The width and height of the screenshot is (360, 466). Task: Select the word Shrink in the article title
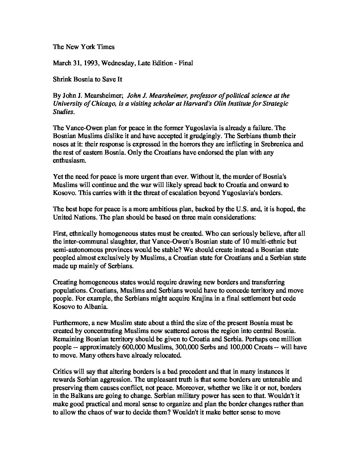click(x=61, y=79)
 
